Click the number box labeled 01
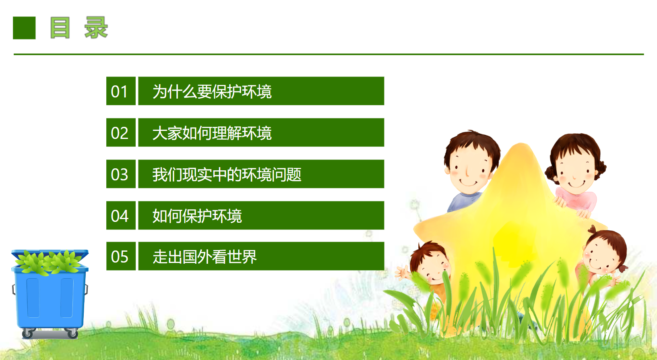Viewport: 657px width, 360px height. (121, 91)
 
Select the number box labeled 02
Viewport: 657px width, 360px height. (121, 132)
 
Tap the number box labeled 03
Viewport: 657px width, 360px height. (121, 174)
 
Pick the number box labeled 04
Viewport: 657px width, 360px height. (121, 215)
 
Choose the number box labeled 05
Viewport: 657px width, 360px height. (121, 256)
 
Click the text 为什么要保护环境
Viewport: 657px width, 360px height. (212, 91)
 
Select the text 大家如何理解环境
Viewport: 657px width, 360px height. (212, 133)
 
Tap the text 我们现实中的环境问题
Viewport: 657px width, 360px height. (227, 175)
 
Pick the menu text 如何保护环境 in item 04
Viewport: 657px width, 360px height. (197, 216)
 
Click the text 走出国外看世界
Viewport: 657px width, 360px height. (205, 257)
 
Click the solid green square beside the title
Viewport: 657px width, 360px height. (24, 28)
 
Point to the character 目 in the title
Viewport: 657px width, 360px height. (60, 27)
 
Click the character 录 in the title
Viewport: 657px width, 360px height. (96, 27)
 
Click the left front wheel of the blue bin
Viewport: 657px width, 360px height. (27, 333)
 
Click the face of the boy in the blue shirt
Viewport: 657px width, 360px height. (469, 172)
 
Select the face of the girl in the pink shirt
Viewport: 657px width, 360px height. (575, 173)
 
